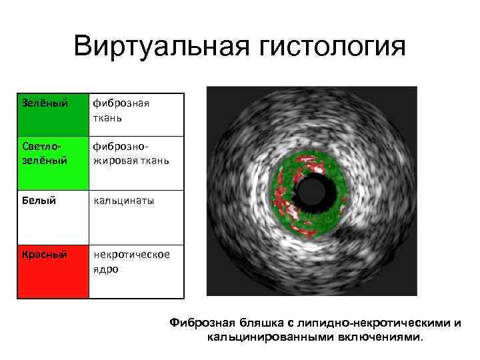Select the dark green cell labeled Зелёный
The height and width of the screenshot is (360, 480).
53,114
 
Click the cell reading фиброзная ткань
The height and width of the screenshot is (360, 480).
136,114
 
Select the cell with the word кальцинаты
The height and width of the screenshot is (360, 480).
136,200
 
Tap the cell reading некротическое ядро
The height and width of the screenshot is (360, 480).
136,261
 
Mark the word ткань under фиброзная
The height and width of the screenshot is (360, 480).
108,118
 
